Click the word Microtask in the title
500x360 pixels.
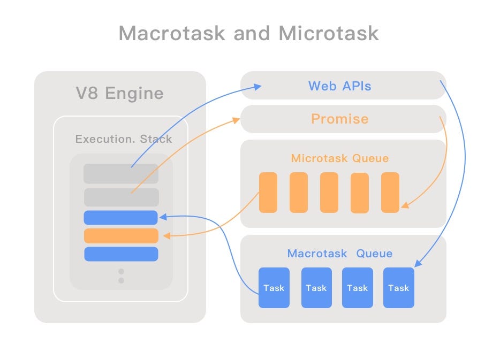[328, 33]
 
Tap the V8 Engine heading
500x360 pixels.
[119, 94]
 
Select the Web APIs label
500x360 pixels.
[339, 86]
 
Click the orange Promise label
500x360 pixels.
[339, 119]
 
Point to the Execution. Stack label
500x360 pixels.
[124, 139]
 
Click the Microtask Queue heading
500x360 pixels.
[340, 158]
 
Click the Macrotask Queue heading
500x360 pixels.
[340, 254]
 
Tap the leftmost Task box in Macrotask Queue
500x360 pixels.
[274, 288]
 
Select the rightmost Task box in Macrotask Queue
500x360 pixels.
[398, 288]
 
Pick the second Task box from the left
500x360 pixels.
[316, 288]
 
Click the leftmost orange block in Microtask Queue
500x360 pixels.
[268, 193]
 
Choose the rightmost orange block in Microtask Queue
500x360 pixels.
[390, 193]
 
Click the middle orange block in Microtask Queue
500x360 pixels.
[329, 193]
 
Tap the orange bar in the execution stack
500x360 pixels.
[121, 236]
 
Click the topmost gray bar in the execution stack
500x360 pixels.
[121, 174]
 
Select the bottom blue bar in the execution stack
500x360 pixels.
[121, 254]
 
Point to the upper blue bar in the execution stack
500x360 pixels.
[121, 218]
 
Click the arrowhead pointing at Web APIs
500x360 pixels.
[258, 86]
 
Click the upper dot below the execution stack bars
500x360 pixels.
[121, 272]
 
